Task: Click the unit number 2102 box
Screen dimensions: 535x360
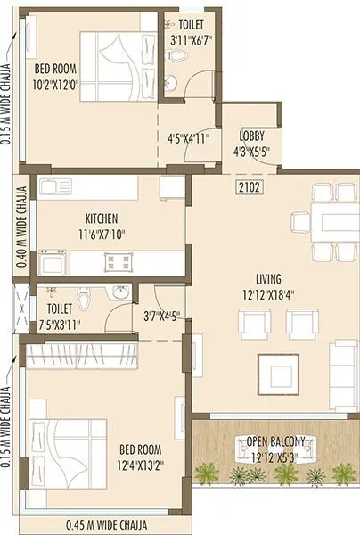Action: [x=250, y=187]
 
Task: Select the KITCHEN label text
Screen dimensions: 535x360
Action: [x=102, y=218]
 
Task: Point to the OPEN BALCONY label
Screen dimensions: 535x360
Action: [x=276, y=441]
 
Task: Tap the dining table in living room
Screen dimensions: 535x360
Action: [x=331, y=221]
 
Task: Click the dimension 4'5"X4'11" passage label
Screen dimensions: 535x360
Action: [x=187, y=139]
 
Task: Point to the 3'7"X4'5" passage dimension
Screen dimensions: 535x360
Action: [x=161, y=314]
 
